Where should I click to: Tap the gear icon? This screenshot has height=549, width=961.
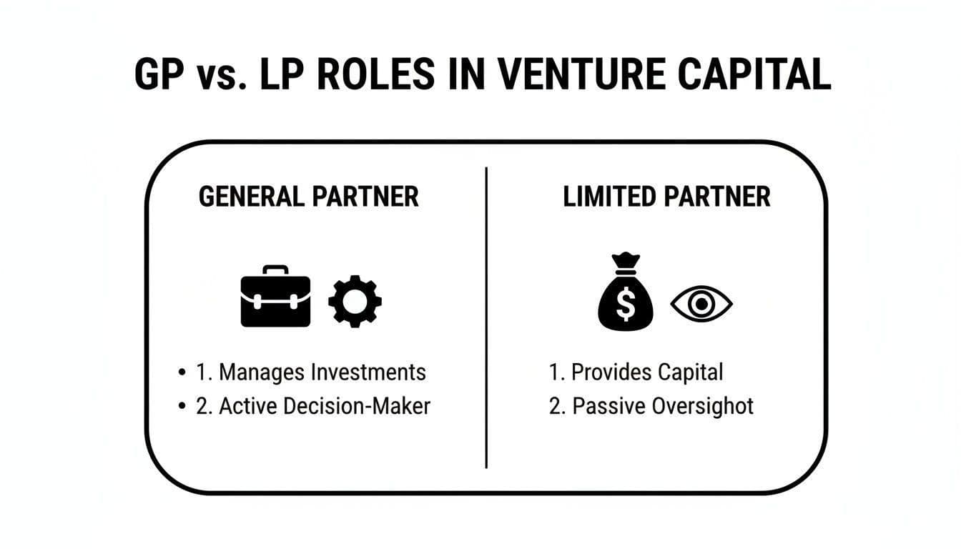tap(355, 302)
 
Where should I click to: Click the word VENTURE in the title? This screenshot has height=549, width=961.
tap(573, 74)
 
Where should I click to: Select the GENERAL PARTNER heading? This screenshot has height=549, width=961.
tap(308, 197)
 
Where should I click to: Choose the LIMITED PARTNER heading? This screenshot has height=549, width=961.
tap(666, 197)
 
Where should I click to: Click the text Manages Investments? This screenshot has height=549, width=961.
tap(322, 372)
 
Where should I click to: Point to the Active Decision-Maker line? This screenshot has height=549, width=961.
tap(324, 406)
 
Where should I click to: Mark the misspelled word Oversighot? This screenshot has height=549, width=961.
tap(704, 406)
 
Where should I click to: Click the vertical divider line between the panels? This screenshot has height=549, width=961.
tap(486, 318)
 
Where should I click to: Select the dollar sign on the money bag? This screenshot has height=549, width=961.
tap(626, 305)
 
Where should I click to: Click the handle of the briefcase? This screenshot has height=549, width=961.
tap(275, 270)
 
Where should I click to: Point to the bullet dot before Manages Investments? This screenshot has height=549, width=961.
tap(182, 373)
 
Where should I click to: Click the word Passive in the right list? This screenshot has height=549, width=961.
tap(609, 406)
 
